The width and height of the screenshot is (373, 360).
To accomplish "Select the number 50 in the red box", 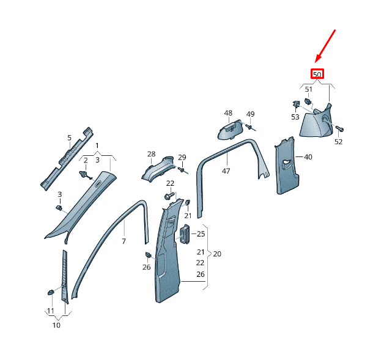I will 317,75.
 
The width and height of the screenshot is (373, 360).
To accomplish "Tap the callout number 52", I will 338,142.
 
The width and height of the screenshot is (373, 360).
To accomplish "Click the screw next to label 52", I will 340,129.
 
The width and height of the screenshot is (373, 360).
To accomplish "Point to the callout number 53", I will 295,116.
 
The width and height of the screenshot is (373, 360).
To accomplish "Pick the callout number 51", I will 309,89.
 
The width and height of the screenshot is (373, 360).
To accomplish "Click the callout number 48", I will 228,113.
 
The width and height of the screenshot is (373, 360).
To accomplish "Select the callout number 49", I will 250,114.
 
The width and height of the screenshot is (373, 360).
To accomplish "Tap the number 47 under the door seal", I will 226,171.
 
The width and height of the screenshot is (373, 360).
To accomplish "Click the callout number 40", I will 308,157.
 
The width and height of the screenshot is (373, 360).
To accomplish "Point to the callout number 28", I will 151,154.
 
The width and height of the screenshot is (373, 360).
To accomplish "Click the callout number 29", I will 182,158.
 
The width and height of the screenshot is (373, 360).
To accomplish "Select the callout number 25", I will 201,233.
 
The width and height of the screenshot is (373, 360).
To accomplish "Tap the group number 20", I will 217,254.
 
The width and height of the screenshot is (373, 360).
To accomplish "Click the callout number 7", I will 124,242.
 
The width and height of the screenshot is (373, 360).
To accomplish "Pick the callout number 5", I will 69,138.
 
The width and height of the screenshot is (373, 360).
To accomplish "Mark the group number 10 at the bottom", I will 56,325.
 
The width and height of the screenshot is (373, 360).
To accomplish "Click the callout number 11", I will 50,311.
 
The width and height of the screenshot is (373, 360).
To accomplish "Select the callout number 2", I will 86,160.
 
